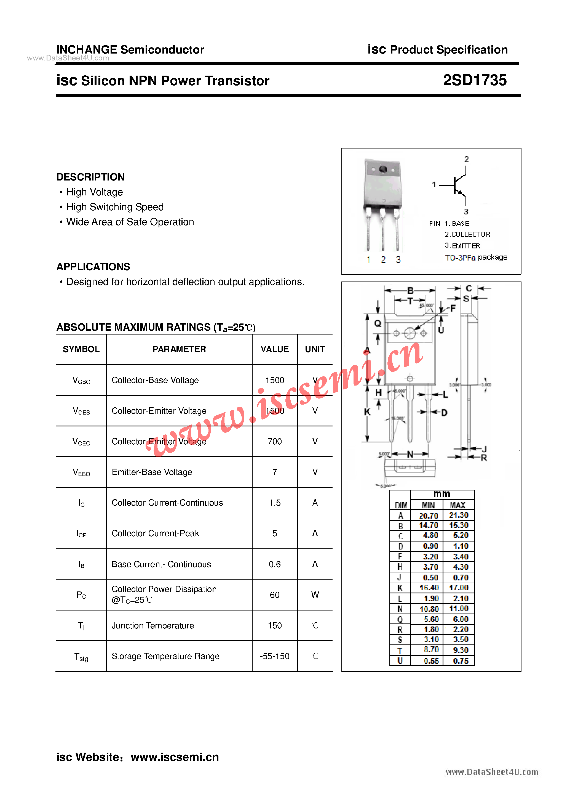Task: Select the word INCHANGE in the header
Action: click(x=86, y=50)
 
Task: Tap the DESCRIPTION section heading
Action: click(x=90, y=177)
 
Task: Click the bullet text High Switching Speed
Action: click(x=114, y=207)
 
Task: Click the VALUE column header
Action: click(x=274, y=349)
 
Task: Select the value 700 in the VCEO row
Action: click(x=274, y=442)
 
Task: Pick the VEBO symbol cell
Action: click(x=81, y=472)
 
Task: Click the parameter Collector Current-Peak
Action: click(x=155, y=533)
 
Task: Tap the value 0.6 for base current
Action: click(x=274, y=564)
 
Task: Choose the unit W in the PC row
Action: click(x=315, y=595)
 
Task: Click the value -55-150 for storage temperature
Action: click(x=274, y=656)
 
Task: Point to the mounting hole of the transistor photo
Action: click(x=383, y=169)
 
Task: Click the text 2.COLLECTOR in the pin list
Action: click(x=467, y=234)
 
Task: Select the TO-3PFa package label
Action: click(x=476, y=258)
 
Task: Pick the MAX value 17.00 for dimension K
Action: click(x=458, y=588)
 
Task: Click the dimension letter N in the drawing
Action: click(x=410, y=454)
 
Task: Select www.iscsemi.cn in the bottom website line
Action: click(x=175, y=757)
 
